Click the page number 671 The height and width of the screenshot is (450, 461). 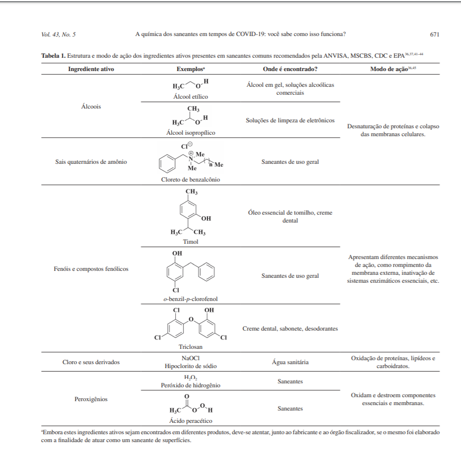(x=434, y=35)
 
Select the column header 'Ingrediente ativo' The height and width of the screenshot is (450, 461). (x=91, y=69)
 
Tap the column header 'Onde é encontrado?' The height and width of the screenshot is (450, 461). (x=290, y=69)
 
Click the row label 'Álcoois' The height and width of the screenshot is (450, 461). (x=91, y=107)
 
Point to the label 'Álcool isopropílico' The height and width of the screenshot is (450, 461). (x=191, y=133)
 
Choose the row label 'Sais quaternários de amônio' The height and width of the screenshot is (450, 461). (x=91, y=162)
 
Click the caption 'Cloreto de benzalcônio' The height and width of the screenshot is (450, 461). (x=191, y=180)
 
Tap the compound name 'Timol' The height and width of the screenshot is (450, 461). (x=191, y=242)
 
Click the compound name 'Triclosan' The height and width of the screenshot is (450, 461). (x=191, y=347)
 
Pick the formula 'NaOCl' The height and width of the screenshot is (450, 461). (x=191, y=358)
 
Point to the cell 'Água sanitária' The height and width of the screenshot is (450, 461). (x=290, y=362)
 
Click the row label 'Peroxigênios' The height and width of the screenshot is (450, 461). (x=91, y=399)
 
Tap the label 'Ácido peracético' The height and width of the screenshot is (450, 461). (x=191, y=421)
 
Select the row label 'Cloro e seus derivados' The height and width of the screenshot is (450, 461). (x=91, y=362)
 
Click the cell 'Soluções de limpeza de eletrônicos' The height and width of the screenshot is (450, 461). (x=290, y=120)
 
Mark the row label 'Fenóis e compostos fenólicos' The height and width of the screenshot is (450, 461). (x=91, y=269)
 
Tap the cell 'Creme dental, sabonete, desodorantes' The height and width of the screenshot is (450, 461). (x=290, y=329)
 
